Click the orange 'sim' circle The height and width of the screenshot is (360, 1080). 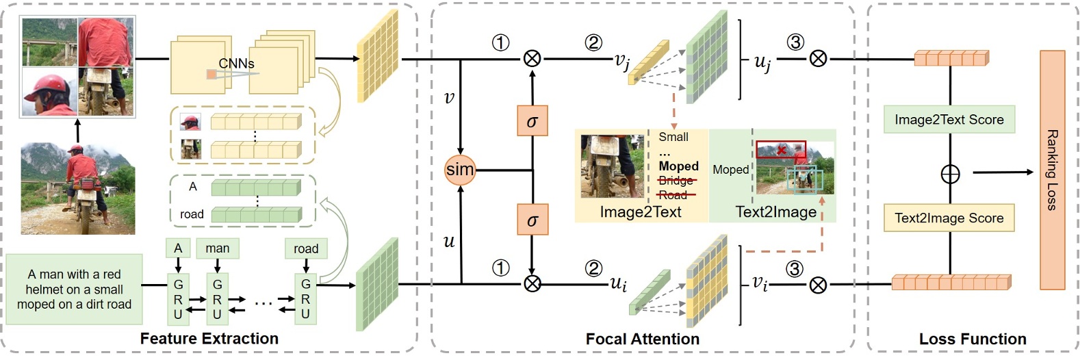[459, 169]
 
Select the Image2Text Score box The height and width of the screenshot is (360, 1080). [949, 120]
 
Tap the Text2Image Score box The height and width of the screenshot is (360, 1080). [949, 218]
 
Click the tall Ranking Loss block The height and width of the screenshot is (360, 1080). [1052, 170]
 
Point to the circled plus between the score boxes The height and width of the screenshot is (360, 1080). [950, 174]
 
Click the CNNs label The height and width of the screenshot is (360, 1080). [236, 64]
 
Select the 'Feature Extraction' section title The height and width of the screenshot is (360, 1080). [209, 339]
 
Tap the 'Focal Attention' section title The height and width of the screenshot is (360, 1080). [642, 339]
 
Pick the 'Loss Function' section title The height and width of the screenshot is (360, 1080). [972, 339]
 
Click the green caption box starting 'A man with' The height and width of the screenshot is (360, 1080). [75, 289]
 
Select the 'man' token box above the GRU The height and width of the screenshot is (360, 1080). [218, 248]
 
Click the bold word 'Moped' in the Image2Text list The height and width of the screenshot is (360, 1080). [678, 166]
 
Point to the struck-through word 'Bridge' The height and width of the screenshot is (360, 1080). [676, 181]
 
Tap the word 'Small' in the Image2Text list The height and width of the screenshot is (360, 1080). [673, 137]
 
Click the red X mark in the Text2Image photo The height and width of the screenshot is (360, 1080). [782, 150]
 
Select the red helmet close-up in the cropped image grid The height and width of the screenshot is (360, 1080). [49, 92]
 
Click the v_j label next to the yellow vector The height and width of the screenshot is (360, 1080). [621, 62]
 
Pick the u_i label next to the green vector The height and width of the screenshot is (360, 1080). [618, 283]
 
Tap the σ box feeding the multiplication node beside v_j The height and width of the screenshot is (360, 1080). [532, 121]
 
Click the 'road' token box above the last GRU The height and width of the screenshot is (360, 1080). [306, 248]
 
